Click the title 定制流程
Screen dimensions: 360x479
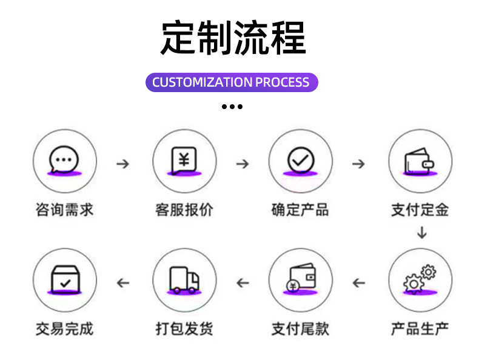233,38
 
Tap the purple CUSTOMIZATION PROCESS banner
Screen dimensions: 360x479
231,82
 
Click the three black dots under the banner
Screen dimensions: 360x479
232,107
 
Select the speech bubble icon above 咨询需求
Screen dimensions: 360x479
64,161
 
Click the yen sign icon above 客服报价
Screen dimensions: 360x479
184,161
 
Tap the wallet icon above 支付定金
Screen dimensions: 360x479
420,161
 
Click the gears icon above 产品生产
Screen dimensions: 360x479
420,280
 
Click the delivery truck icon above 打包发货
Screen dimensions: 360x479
184,280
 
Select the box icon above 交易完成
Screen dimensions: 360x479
64,280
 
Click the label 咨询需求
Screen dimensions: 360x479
64,210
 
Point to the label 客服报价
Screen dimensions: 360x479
184,210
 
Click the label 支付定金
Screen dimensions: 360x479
420,210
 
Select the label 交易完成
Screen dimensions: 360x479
64,329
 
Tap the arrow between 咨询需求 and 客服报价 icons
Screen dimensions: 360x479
123,164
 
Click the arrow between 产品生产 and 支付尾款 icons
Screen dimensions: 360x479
359,282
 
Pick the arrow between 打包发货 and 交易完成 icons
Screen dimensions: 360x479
123,282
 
